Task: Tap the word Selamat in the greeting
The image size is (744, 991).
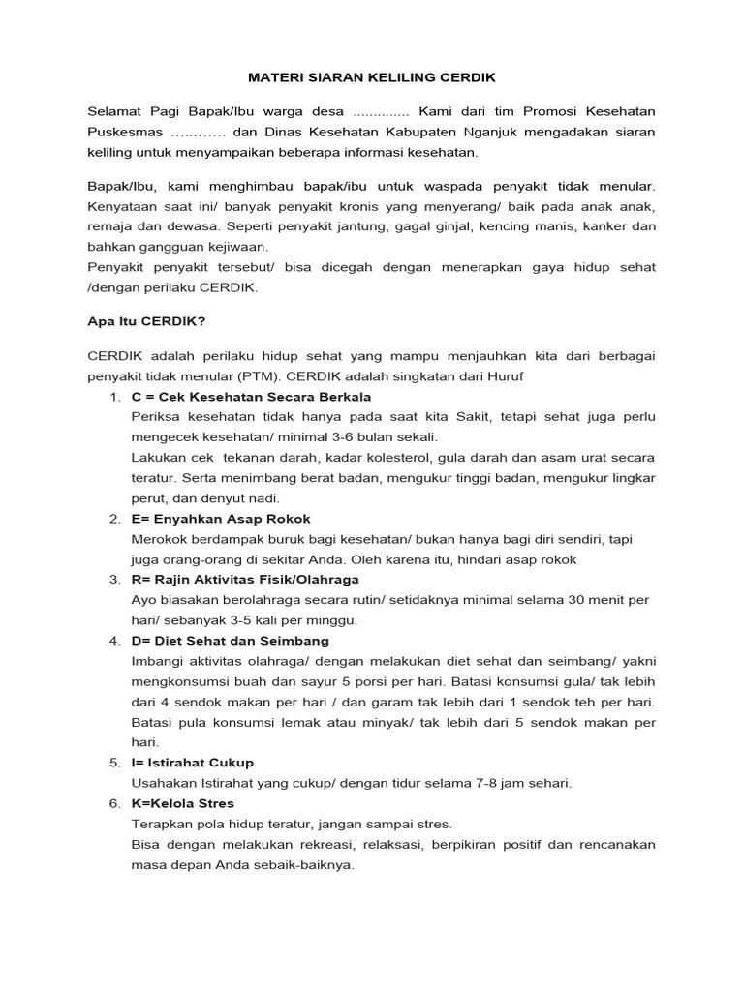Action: [x=114, y=110]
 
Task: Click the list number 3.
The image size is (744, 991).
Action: [x=113, y=580]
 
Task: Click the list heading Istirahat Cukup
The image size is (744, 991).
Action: [x=204, y=763]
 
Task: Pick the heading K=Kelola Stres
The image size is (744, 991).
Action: [x=183, y=803]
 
